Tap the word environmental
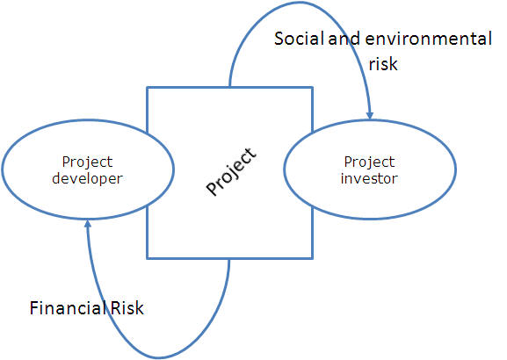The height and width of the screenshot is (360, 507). click(x=429, y=39)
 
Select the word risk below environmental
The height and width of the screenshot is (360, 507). click(x=383, y=64)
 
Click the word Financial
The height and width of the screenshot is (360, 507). click(x=68, y=307)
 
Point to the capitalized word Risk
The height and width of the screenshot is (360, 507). click(x=127, y=307)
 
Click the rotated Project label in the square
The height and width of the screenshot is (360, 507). click(x=231, y=172)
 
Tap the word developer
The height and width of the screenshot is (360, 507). click(x=87, y=178)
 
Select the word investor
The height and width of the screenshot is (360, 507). click(x=369, y=178)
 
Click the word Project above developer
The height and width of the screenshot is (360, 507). click(x=87, y=162)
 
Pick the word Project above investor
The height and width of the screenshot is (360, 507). click(x=369, y=162)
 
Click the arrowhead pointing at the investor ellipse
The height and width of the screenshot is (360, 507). click(x=370, y=115)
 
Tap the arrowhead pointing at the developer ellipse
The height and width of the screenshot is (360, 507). click(x=87, y=224)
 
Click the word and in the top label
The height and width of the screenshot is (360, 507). click(x=344, y=39)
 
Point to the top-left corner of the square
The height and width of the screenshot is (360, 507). click(x=147, y=87)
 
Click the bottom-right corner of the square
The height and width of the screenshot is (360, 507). click(x=312, y=258)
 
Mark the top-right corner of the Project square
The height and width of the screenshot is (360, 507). click(x=312, y=87)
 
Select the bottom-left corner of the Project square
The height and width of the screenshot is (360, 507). click(x=147, y=258)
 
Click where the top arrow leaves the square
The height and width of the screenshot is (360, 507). click(x=229, y=87)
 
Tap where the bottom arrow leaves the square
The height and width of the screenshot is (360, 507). click(x=229, y=258)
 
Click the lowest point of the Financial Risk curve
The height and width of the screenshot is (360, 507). click(x=159, y=357)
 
